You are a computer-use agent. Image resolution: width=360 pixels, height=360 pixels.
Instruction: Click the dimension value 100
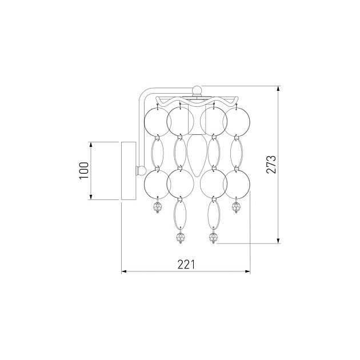coord(84,171)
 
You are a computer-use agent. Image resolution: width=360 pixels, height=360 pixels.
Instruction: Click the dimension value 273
coord(271,165)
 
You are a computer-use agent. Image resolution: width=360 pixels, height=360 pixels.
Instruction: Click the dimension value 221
coord(186,265)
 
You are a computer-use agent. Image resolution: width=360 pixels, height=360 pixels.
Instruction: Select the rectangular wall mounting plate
coord(129,171)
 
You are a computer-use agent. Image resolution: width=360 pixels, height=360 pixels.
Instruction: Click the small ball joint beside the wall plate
coord(142,170)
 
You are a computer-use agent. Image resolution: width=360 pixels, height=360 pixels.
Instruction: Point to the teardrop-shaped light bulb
coord(197,155)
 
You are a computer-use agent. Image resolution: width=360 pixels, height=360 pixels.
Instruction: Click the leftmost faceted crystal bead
coord(158,207)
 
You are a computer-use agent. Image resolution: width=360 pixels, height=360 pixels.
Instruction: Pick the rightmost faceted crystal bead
coord(236,207)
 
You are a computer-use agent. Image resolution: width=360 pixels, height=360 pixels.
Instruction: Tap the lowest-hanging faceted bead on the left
coord(181,237)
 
